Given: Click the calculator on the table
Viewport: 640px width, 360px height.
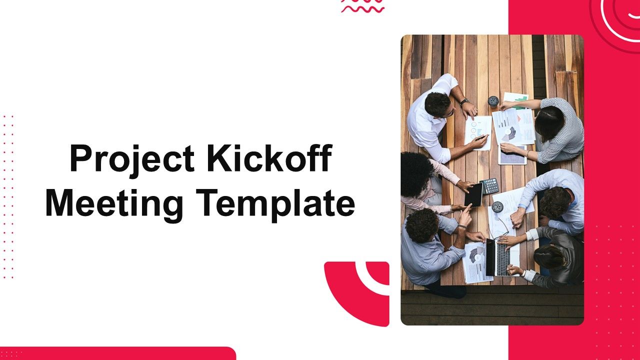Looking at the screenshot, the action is pyautogui.click(x=489, y=186).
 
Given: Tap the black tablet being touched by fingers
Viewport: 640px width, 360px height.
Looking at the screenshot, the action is pyautogui.click(x=473, y=195).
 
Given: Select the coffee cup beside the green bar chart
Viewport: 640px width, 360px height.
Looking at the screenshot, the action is pyautogui.click(x=493, y=101).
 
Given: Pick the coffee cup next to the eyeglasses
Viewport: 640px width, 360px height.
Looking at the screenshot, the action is pyautogui.click(x=497, y=207).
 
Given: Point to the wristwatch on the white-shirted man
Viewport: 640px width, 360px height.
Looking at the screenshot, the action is pyautogui.click(x=464, y=101).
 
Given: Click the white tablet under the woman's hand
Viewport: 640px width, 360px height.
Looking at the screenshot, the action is pyautogui.click(x=512, y=155).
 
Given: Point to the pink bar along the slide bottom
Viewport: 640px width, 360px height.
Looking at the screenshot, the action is pyautogui.click(x=118, y=353).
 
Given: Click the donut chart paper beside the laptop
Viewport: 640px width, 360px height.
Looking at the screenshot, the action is pyautogui.click(x=474, y=262).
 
